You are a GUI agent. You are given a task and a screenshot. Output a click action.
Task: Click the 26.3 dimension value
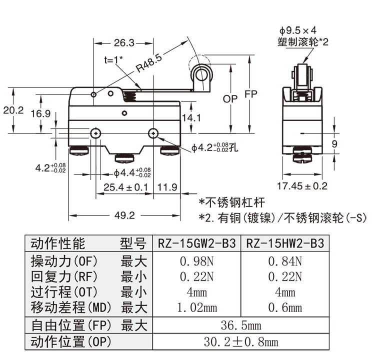tap(120, 43)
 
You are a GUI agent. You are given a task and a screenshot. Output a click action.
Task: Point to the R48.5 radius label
tap(149, 64)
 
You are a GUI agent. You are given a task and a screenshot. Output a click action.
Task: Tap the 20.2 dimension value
tap(13, 110)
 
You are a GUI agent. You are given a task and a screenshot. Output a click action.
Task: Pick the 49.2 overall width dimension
tap(124, 215)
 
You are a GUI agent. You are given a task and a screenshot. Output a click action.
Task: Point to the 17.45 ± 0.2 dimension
tap(302, 186)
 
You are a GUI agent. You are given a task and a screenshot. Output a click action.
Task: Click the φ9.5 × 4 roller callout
tap(298, 30)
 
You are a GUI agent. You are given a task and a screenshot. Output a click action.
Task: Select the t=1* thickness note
tap(113, 59)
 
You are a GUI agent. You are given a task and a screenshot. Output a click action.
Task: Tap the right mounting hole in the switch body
tap(153, 133)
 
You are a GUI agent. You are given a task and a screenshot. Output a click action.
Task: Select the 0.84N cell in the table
tap(285, 261)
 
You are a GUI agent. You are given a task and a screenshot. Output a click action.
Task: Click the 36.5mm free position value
tap(241, 326)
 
